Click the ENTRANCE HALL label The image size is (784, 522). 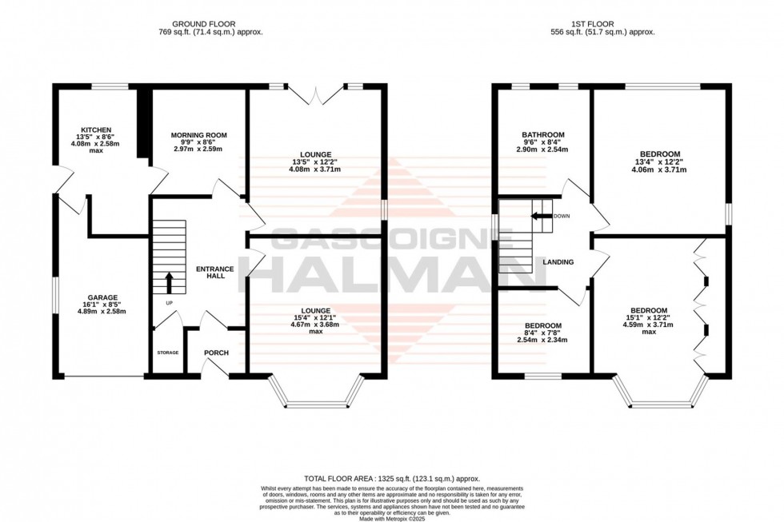pos(215,273)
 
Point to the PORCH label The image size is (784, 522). pos(217,353)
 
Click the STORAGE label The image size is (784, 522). pos(167,353)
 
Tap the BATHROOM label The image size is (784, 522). pos(543,134)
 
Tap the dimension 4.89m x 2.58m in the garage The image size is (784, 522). pos(102,312)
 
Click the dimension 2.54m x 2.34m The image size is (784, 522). pos(543,340)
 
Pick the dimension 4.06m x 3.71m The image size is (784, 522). pos(660,169)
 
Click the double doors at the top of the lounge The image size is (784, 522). pos(318,96)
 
